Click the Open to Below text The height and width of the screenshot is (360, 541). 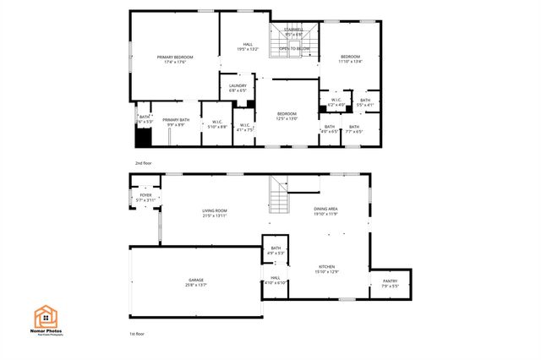pyautogui.click(x=294, y=49)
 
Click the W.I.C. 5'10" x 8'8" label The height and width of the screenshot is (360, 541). pyautogui.click(x=217, y=124)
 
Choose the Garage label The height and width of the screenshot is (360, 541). pyautogui.click(x=195, y=282)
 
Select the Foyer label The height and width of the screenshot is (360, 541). pyautogui.click(x=146, y=198)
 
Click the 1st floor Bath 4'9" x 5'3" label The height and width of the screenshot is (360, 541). pyautogui.click(x=276, y=250)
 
